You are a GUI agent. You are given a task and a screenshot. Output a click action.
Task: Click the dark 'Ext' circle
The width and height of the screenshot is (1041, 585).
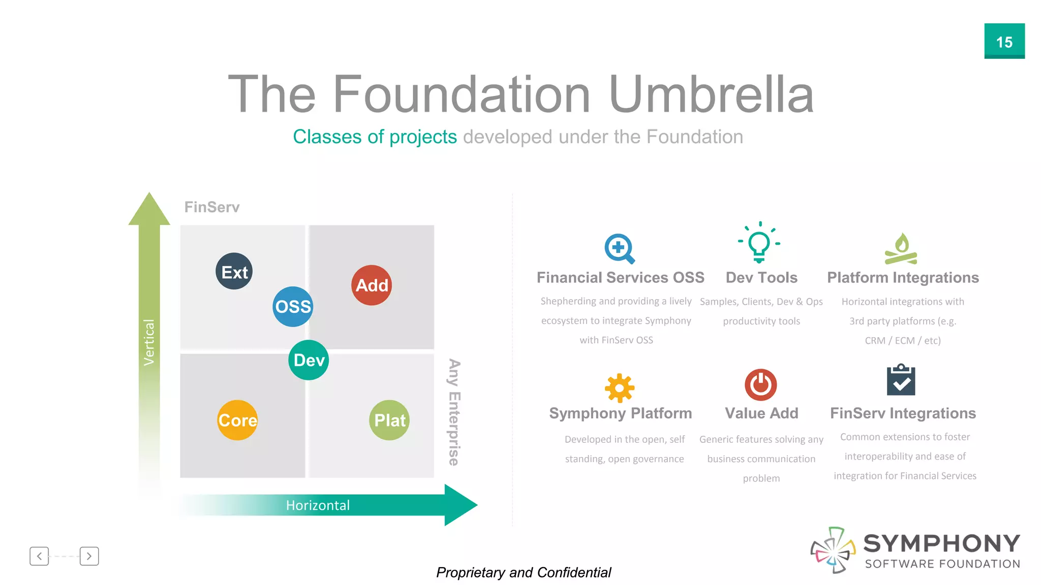tap(234, 271)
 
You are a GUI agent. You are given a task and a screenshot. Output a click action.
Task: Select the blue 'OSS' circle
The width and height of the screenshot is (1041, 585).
tap(293, 306)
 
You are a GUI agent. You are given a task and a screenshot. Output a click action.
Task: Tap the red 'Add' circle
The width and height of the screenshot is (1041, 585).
tap(372, 285)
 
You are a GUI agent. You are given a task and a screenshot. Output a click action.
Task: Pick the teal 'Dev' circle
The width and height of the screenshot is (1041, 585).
tap(309, 360)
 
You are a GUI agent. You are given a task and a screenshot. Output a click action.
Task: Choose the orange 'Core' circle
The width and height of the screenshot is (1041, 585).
tap(237, 420)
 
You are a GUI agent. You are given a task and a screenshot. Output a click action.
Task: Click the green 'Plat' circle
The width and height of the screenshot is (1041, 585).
tap(389, 420)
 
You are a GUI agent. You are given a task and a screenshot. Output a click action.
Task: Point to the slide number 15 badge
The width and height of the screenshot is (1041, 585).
tap(1004, 41)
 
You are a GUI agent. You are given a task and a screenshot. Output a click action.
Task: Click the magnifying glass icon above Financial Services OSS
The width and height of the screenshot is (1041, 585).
tap(619, 248)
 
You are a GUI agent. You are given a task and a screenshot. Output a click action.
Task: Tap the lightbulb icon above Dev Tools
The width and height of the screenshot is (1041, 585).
tap(759, 242)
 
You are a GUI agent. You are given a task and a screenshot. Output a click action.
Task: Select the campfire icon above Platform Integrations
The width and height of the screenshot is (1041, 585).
tap(901, 249)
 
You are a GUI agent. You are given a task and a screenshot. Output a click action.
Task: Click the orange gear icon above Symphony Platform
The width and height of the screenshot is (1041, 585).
tap(620, 388)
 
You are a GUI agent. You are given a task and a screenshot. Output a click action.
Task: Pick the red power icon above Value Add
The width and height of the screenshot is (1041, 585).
tap(760, 384)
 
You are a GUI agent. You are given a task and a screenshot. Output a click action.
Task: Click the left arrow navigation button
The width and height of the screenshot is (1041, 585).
tap(39, 556)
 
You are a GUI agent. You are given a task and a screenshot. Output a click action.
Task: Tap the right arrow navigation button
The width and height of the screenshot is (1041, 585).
tap(89, 556)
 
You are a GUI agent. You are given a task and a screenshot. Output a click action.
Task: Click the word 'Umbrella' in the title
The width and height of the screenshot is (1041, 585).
tap(711, 94)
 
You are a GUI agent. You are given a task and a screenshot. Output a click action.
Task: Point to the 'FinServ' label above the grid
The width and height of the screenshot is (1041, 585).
tap(211, 207)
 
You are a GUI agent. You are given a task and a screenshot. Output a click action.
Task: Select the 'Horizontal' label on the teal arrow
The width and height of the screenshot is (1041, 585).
tap(318, 505)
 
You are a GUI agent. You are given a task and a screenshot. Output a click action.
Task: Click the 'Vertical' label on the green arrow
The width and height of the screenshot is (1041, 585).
tap(149, 342)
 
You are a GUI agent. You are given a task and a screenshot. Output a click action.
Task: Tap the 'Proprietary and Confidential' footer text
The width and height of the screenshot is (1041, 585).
tap(524, 572)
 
